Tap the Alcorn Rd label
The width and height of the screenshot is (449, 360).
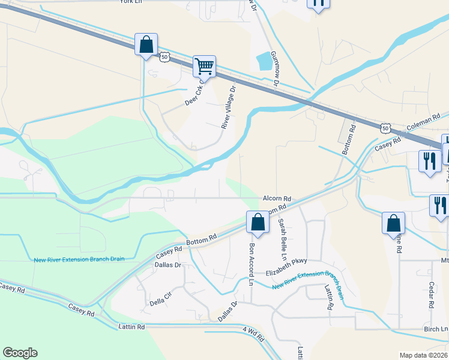pyautogui.click(x=276, y=199)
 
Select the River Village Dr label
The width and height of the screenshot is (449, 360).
pyautogui.click(x=229, y=107)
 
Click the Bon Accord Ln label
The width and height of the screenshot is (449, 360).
pyautogui.click(x=252, y=264)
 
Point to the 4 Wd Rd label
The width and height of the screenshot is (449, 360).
pyautogui.click(x=253, y=334)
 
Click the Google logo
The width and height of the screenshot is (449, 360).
pyautogui.click(x=20, y=353)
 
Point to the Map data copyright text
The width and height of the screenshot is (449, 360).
pyautogui.click(x=423, y=355)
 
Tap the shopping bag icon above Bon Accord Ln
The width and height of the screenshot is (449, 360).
pyautogui.click(x=258, y=221)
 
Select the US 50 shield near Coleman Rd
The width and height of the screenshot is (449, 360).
pyautogui.click(x=385, y=128)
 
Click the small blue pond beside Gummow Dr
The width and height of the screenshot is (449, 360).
pyautogui.click(x=263, y=61)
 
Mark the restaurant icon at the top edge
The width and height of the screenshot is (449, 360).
pyautogui.click(x=318, y=3)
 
